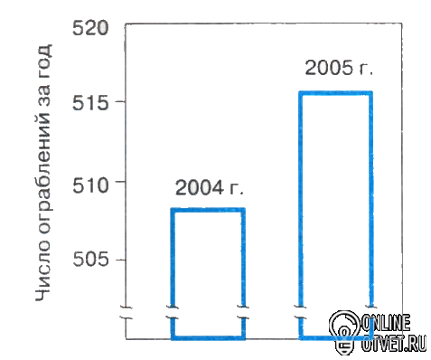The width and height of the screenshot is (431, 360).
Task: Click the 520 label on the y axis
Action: pos(89,29)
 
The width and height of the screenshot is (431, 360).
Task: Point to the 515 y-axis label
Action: pos(89,103)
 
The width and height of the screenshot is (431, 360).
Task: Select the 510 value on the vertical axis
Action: pos(89,185)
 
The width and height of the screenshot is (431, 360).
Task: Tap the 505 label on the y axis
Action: pos(89,260)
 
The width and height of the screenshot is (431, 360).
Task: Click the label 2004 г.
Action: pos(210,187)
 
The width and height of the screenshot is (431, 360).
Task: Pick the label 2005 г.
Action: pos(339,67)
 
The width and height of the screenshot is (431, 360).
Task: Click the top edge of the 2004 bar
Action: pos(208,210)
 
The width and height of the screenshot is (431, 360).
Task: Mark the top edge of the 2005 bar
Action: pos(336,93)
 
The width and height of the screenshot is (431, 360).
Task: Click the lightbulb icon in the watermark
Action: pos(344,332)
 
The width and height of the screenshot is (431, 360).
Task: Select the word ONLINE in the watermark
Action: pos(386,323)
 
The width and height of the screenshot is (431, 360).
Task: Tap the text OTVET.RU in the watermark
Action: pos(394,343)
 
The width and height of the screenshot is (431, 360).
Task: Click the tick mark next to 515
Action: pos(120,101)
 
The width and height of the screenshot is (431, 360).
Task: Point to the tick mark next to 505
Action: pos(120,259)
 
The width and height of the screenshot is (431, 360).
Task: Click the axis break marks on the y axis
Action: pos(126,313)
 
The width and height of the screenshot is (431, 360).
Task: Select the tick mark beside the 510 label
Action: pos(120,181)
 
